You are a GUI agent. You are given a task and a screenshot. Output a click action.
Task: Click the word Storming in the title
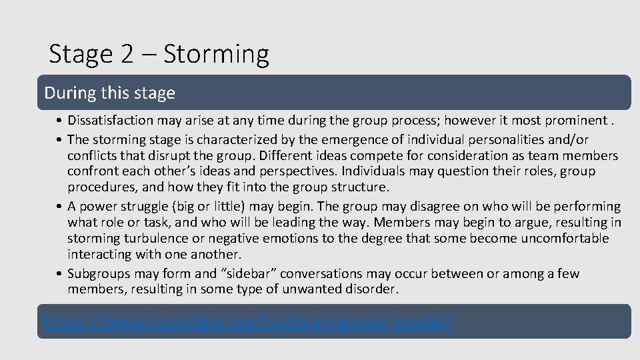pyautogui.click(x=216, y=55)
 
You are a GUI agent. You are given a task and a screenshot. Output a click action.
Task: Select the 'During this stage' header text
pyautogui.click(x=109, y=93)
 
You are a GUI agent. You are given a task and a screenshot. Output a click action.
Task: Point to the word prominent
pyautogui.click(x=575, y=121)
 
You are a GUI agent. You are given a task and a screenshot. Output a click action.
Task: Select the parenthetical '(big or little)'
pyautogui.click(x=209, y=206)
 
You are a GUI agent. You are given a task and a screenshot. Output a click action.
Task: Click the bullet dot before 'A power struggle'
pyautogui.click(x=60, y=207)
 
